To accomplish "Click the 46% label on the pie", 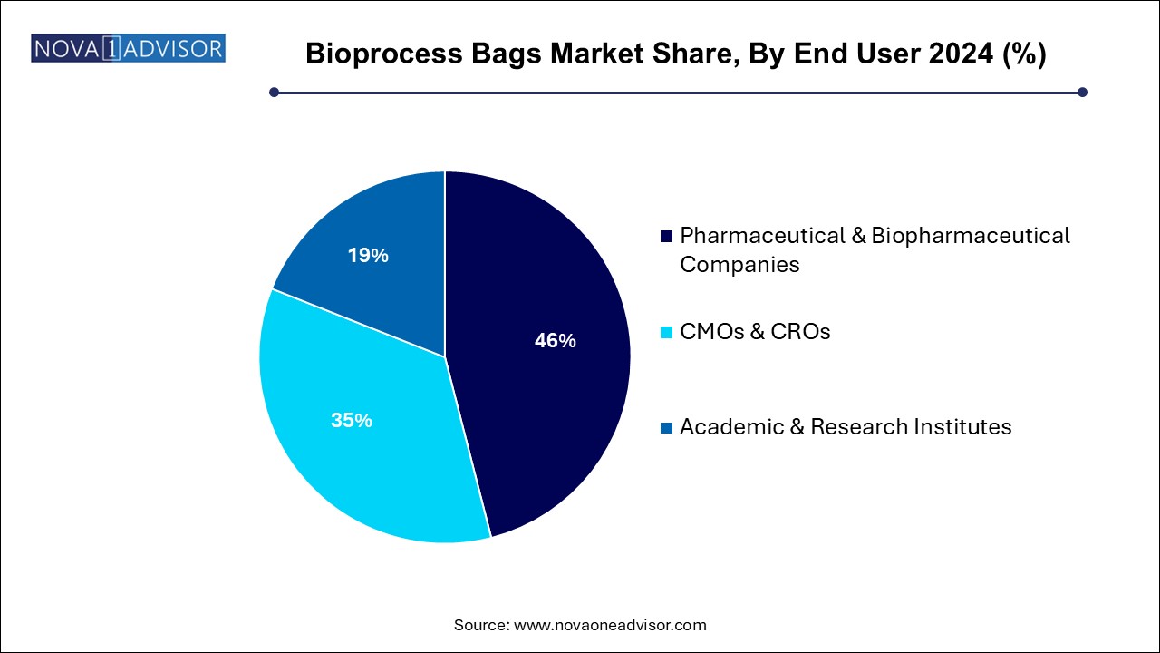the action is pos(556,340).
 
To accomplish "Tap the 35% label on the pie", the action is pos(352,420).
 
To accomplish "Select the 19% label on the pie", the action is pos(368,255).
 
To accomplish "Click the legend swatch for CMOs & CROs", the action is pos(666,332).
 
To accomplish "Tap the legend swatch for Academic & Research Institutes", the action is pos(666,427).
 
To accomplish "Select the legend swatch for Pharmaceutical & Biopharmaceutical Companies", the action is pos(666,237).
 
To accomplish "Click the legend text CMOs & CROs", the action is pos(755,332).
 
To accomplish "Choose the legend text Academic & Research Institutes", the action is pos(846,427).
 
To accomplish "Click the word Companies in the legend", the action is pos(739,265).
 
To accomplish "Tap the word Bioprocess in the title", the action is pos(383,54).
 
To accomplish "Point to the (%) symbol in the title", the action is pos(1025,54).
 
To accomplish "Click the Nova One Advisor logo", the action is pos(128,48).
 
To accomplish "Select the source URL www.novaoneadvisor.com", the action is pos(610,625).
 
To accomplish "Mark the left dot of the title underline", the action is pos(274,93).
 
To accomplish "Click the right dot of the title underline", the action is pos(1082,93).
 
